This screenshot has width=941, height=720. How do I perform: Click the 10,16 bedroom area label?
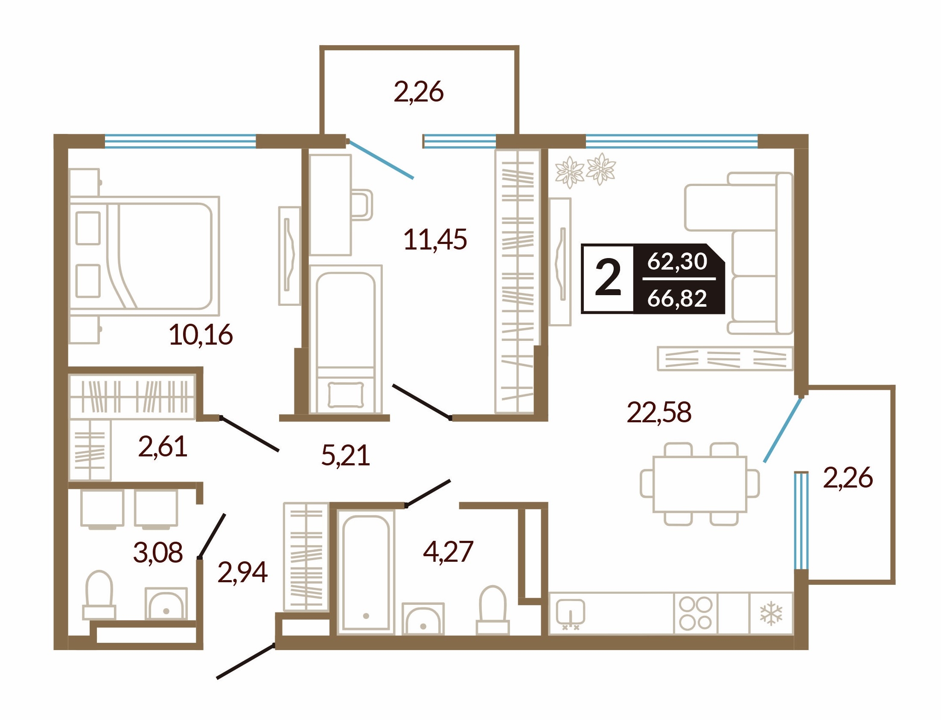point(201,335)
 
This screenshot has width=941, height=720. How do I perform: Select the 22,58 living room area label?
point(659,412)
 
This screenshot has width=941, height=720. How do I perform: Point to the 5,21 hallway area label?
point(346,456)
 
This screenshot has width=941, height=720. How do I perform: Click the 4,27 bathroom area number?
point(448,552)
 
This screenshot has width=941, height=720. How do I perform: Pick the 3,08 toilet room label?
point(158,552)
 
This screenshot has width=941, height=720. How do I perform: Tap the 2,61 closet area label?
point(163,446)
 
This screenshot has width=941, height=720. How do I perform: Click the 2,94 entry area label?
point(243,572)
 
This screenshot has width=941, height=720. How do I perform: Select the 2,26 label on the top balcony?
point(418,92)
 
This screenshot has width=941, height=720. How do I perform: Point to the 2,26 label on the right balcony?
point(848,477)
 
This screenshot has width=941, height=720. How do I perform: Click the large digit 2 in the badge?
point(608,279)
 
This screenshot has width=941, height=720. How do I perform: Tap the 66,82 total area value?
point(677,298)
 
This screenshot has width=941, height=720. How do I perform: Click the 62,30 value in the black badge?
point(677,261)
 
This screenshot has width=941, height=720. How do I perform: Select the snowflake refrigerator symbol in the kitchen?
point(771,613)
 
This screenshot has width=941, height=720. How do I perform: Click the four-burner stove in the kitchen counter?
point(695,613)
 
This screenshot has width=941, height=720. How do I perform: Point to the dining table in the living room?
point(699,484)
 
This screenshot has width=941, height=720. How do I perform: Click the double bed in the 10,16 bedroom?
point(145,256)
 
